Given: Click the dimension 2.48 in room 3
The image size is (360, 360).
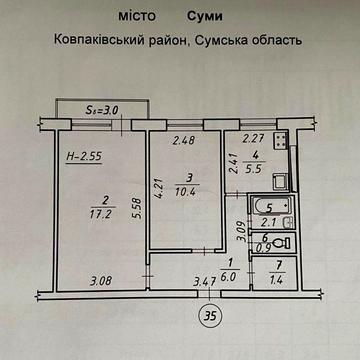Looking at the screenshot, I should [183, 140].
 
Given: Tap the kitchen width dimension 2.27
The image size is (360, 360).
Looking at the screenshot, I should [253, 139].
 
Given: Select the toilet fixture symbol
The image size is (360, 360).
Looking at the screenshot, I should [283, 242].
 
